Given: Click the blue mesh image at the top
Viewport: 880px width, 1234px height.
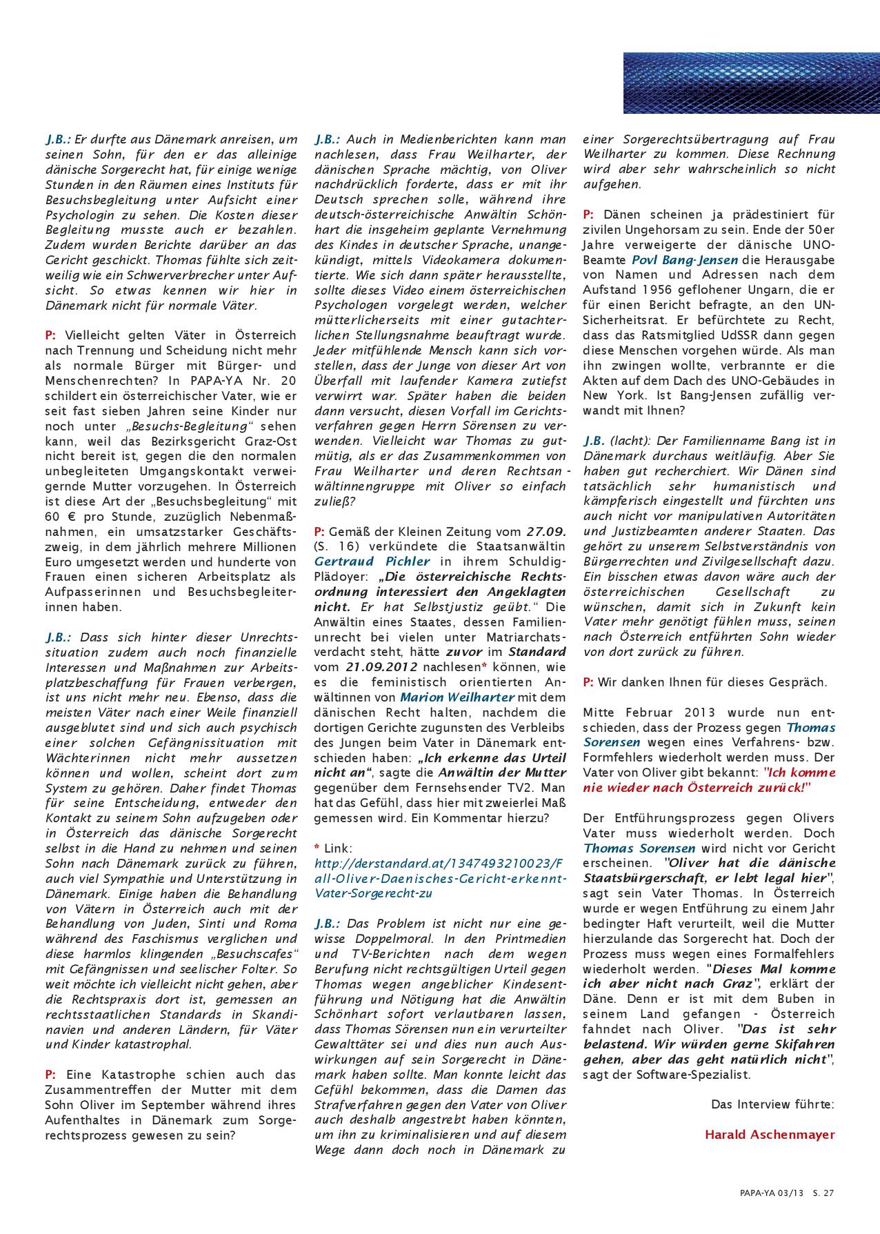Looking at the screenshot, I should tap(751, 83).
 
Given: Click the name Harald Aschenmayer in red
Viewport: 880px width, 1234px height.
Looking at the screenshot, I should tap(770, 1134).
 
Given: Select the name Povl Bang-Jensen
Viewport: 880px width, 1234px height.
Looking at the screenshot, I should tap(684, 260).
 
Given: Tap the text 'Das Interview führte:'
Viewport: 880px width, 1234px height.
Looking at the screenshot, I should tap(772, 1104).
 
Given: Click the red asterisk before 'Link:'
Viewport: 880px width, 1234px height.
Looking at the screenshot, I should tap(317, 848).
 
